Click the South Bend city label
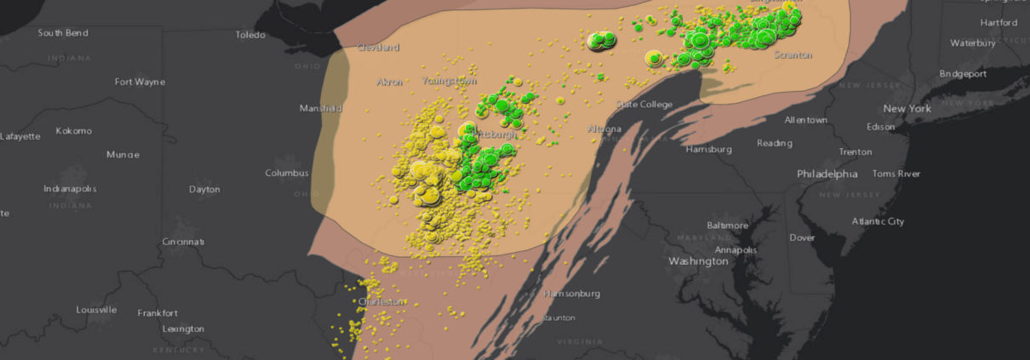63,32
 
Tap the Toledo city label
250,35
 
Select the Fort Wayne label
140,82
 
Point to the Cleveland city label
378,48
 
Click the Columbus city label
287,173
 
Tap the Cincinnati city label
183,242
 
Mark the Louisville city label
95,310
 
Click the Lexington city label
183,329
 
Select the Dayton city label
204,189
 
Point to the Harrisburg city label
709,149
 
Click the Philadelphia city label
827,174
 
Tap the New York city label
907,109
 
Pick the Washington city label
698,261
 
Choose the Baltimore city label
727,226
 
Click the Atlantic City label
878,221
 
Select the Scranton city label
793,54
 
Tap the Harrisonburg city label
571,294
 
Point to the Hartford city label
999,22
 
